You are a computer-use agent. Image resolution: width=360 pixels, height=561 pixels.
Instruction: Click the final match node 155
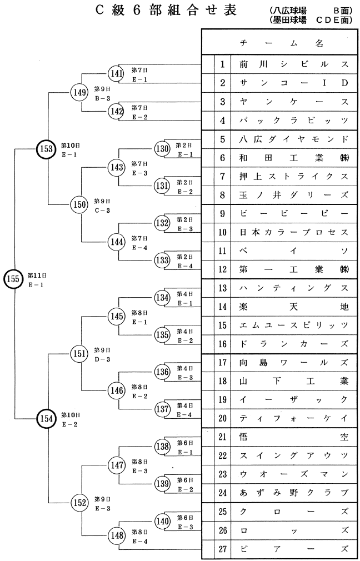tap(13, 279)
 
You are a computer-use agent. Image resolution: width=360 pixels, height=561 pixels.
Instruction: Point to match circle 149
tap(80, 93)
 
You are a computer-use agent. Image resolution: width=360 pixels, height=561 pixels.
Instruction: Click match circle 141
tap(117, 74)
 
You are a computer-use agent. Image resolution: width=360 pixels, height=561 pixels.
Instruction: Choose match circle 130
tap(162, 149)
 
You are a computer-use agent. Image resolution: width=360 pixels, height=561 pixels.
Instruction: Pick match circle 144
tap(117, 242)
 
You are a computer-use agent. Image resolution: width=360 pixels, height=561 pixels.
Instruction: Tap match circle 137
tap(162, 409)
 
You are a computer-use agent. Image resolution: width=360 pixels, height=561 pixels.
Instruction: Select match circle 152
tap(80, 503)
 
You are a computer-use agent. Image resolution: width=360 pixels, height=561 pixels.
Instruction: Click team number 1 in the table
tap(222, 64)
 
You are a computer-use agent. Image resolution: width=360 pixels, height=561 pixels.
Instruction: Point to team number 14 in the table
tap(222, 307)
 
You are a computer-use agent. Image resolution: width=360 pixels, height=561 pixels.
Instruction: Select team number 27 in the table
tap(222, 549)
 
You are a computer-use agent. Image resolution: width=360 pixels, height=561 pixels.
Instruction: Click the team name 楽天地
tap(293, 307)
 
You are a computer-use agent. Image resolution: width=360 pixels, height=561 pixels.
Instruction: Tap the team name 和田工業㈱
tap(293, 158)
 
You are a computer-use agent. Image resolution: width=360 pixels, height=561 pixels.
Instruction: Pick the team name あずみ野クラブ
tap(293, 493)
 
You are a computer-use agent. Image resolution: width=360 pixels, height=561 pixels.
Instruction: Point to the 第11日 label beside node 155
tap(36, 275)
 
